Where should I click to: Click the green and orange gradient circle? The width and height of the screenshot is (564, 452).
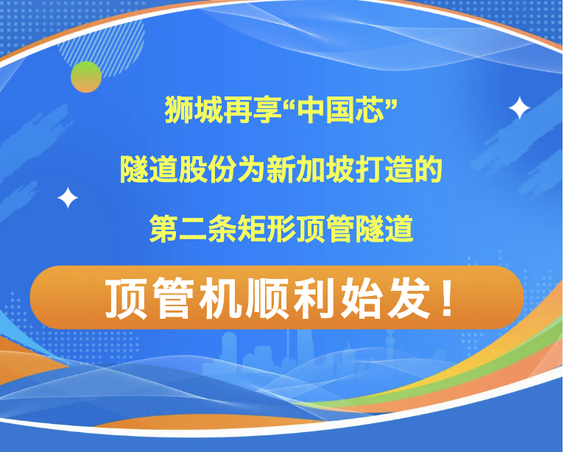pos(86,77)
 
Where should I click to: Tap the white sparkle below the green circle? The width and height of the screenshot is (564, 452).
pos(68,197)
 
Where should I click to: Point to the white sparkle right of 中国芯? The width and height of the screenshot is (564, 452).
pos(519,107)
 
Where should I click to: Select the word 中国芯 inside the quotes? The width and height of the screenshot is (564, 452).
pos(341,110)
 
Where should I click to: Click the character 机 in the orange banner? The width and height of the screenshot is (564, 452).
pos(220,298)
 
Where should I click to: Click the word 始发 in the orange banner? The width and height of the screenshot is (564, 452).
pos(385,298)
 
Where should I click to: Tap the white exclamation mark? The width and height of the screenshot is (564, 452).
pos(447,298)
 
